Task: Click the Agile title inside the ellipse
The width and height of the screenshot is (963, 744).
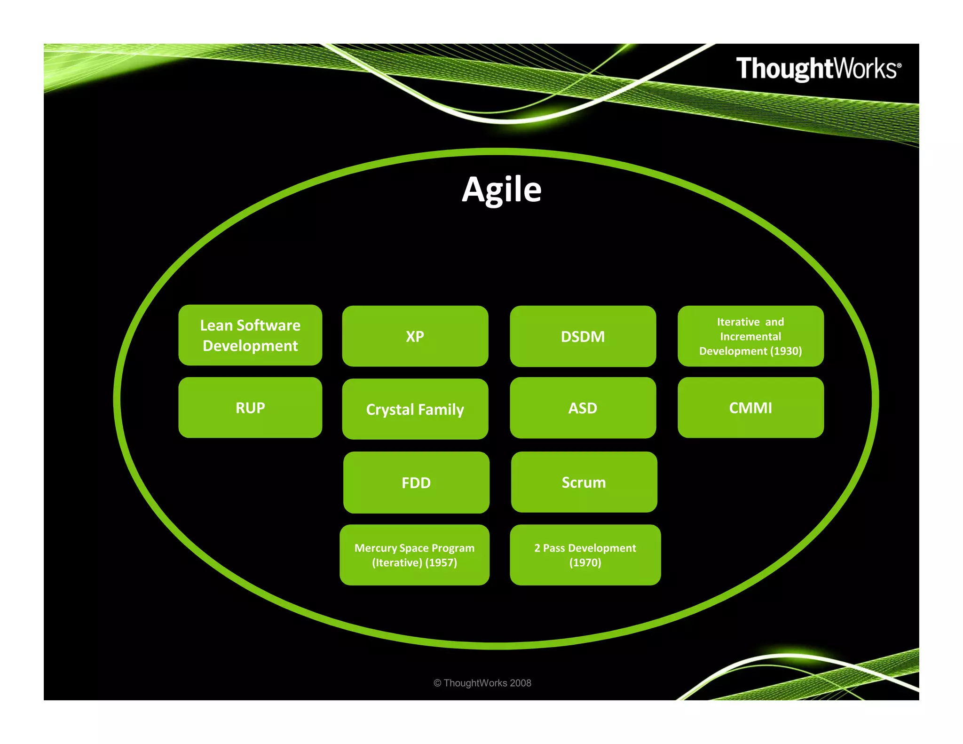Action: point(501,190)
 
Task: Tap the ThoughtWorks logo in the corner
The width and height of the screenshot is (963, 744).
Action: point(818,69)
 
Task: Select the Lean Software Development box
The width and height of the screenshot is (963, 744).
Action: point(250,335)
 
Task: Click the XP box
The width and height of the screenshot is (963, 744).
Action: point(415,336)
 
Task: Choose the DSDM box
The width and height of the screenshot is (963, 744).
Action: point(583,337)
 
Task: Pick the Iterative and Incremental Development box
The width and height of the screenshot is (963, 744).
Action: point(750,336)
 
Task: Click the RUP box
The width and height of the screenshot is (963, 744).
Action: point(250,408)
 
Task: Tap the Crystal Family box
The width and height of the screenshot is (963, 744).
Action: point(415,409)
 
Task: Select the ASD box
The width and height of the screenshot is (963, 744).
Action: point(583,408)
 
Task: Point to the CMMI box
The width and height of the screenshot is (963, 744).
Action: point(750,408)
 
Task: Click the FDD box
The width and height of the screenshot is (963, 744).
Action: point(416,483)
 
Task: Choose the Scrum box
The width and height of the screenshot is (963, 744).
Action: point(584,483)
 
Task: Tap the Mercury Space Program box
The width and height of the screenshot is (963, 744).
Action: point(414,555)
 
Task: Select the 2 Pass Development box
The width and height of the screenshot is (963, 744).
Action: point(585,555)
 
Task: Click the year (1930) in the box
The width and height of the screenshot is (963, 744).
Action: point(786,351)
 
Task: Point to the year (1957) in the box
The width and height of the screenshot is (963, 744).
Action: point(441,562)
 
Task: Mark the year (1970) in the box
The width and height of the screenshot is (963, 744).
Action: point(585,562)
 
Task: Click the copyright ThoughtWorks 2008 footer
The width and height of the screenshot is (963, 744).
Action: point(482,683)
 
